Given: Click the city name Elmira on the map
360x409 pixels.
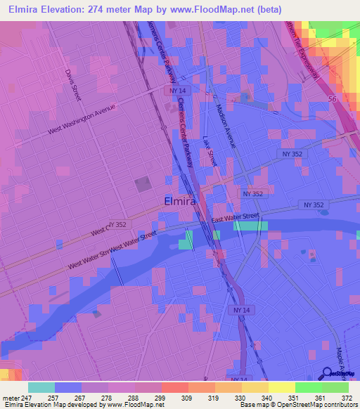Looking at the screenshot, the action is click(x=179, y=201).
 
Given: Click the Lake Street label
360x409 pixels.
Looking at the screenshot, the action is click(x=210, y=151).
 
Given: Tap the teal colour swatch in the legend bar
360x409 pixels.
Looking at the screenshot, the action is click(x=41, y=387).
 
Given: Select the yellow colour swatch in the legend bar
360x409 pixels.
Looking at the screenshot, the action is click(x=282, y=387).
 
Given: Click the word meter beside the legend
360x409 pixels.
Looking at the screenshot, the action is click(x=12, y=398).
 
